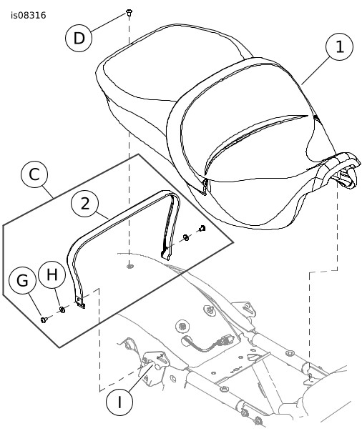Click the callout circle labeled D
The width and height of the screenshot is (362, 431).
coord(79,38)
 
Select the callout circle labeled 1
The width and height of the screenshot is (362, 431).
coord(339,46)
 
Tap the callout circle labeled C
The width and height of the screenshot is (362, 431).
coord(34,174)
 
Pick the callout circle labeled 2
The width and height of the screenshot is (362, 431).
coord(84,204)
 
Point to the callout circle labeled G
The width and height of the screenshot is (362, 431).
coord(22,281)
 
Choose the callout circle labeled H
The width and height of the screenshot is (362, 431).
coord(52,274)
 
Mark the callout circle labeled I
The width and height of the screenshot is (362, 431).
coord(119,402)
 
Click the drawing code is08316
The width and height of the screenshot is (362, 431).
coord(29,16)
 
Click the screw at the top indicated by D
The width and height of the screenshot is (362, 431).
coord(129,13)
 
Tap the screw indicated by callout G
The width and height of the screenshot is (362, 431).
coord(44,319)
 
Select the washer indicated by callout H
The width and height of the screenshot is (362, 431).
coord(62,309)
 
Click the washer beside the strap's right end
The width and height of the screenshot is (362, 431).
coord(186,237)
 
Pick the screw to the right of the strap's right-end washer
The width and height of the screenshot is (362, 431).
coord(202,228)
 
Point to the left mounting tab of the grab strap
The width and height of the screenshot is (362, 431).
coord(80,302)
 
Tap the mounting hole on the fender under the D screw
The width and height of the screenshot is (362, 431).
coord(129,266)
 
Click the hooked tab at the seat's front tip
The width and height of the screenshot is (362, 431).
coord(348,178)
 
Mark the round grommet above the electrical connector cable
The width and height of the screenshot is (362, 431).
coord(182,326)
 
